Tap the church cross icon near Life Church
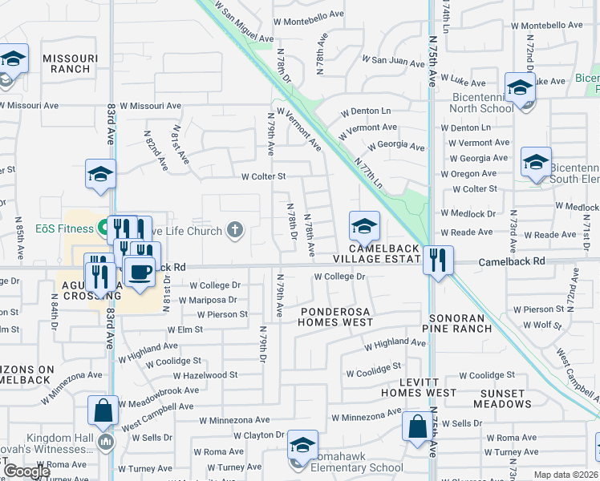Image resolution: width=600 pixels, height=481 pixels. [235, 232]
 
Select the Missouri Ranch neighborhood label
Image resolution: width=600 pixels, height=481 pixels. [71, 63]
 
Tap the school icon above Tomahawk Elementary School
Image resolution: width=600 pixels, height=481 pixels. [302, 447]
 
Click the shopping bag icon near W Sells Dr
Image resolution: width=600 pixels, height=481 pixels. [417, 427]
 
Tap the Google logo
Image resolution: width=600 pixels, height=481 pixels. [27, 471]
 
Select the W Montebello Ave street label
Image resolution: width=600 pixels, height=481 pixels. [308, 22]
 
